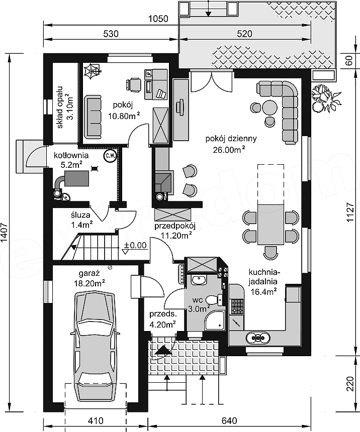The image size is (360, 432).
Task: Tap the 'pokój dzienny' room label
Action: pyautogui.click(x=231, y=138)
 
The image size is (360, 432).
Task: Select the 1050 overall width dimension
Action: pyautogui.click(x=158, y=19)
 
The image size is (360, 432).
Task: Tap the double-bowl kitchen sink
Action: pyautogui.click(x=257, y=338)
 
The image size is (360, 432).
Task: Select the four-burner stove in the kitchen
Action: pyautogui.click(x=237, y=306)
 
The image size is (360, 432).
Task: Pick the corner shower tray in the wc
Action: pyautogui.click(x=216, y=319)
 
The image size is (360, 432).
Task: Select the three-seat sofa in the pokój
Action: pyautogui.click(x=93, y=117)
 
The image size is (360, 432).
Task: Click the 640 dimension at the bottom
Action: pyautogui.click(x=229, y=421)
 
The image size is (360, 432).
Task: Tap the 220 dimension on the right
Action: pyautogui.click(x=350, y=383)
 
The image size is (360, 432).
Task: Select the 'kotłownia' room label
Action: pyautogui.click(x=71, y=155)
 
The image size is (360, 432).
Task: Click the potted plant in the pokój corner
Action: pyautogui.click(x=92, y=71)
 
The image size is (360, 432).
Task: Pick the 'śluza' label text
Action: pyautogui.click(x=80, y=215)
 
